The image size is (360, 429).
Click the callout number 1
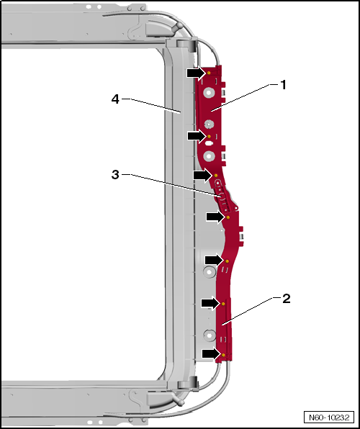(284, 85)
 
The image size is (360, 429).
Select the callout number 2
(286, 299)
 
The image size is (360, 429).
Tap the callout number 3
(115, 175)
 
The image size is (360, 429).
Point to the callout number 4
(115, 99)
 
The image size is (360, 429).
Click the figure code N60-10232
(329, 417)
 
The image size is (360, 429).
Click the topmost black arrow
(197, 73)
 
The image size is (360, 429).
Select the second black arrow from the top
(197, 136)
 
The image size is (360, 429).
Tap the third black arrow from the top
(203, 175)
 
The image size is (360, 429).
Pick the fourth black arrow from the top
(216, 217)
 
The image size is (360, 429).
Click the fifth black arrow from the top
(215, 260)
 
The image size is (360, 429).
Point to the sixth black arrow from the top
(211, 303)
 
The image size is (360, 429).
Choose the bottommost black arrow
(212, 354)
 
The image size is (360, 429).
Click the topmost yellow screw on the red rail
(209, 73)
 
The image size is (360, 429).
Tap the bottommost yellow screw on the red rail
(223, 355)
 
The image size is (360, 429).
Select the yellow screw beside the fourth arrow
(228, 217)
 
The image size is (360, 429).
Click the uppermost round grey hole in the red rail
(209, 93)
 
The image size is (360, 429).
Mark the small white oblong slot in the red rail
(209, 143)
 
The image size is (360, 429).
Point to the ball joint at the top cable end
(179, 26)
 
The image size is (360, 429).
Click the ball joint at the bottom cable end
(181, 402)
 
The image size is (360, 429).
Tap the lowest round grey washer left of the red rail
(209, 335)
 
